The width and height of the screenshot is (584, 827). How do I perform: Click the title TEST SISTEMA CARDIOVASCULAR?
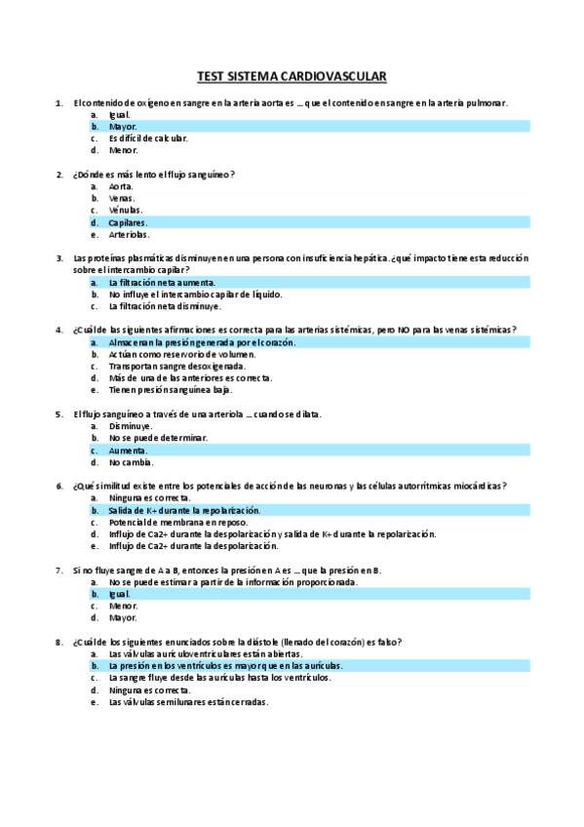[292, 75]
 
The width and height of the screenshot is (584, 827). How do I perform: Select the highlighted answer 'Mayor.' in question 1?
[123, 127]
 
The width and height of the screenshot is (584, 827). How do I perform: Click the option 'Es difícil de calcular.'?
[148, 138]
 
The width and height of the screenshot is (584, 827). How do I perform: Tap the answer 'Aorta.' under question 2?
[122, 186]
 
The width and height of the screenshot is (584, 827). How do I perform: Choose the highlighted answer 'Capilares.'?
[129, 222]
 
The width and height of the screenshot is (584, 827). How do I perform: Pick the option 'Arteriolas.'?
[130, 234]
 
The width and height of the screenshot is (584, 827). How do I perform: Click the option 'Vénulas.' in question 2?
[126, 210]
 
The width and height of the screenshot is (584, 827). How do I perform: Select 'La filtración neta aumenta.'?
[162, 282]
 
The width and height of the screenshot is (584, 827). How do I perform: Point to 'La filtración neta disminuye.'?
[165, 306]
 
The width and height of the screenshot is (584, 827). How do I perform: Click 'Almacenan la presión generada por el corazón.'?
[202, 342]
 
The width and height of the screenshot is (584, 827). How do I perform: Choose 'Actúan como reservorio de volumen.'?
[181, 354]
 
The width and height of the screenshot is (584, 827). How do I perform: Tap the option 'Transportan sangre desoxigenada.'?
[177, 366]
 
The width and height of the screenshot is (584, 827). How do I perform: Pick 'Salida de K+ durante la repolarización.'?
[185, 510]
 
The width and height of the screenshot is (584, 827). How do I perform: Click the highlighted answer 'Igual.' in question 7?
[120, 594]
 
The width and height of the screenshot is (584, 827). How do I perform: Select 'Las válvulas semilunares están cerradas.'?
[188, 701]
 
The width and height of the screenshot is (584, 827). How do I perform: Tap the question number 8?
[60, 642]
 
